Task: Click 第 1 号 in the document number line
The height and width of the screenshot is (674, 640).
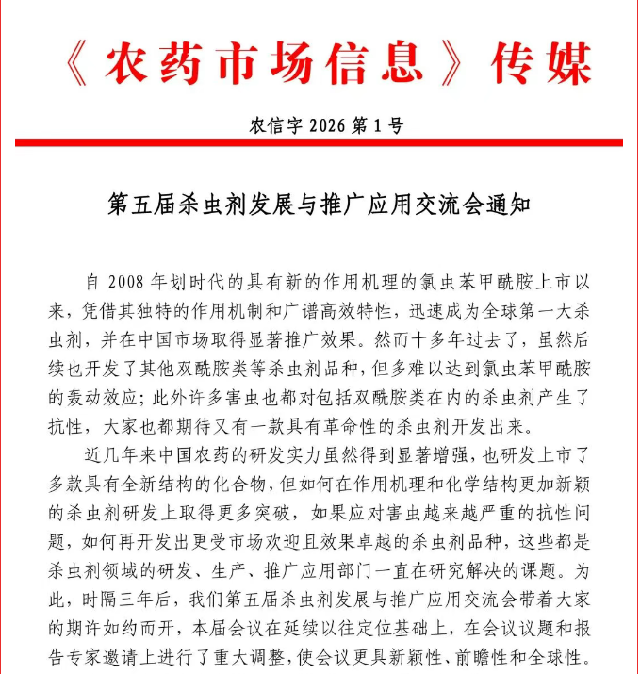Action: tap(379, 124)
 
